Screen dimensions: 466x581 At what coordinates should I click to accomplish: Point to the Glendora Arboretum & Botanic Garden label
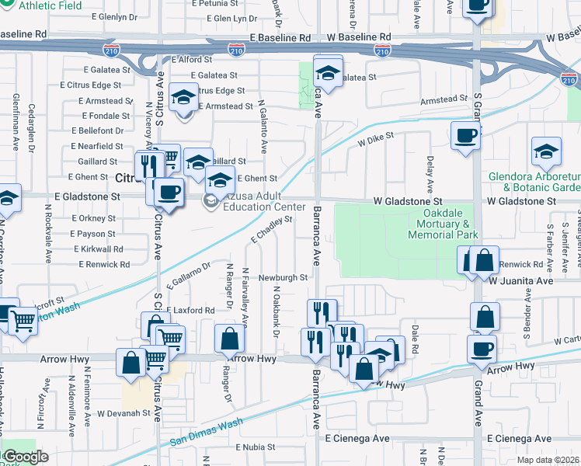pos(534,182)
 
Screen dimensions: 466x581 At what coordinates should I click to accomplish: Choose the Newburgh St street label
pos(284,277)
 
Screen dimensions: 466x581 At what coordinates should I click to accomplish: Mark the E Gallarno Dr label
pos(188,279)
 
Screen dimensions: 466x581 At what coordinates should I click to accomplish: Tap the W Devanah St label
pos(123,413)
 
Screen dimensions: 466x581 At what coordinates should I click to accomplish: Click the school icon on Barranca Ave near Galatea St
pos(328,73)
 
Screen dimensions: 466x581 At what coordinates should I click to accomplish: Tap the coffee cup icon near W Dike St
pos(465,136)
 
